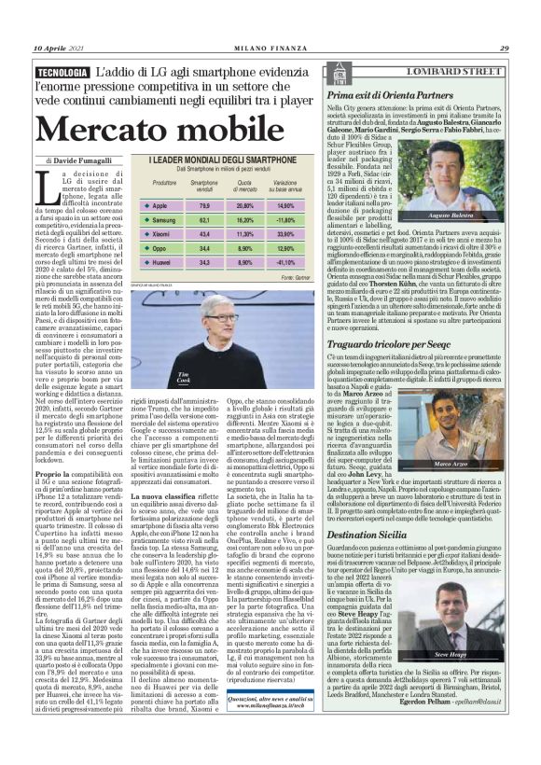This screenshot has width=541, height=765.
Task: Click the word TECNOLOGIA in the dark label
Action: [63, 73]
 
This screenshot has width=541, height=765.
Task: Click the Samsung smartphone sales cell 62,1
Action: [204, 218]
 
